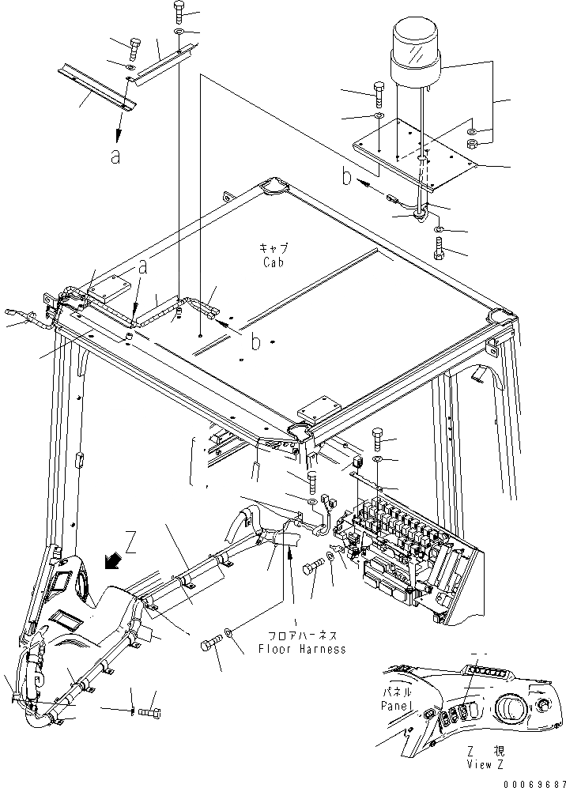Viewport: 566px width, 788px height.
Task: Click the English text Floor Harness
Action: click(x=302, y=649)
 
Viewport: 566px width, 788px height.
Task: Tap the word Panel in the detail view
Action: click(x=394, y=704)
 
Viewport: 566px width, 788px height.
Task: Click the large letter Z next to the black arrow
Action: click(x=131, y=543)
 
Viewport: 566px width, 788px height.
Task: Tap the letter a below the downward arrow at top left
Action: click(x=115, y=156)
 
